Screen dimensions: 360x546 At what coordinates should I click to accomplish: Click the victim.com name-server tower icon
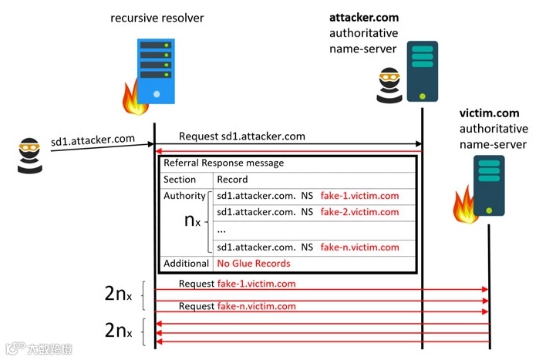tap(488, 184)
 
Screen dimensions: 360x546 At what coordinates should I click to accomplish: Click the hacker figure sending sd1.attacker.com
tap(28, 153)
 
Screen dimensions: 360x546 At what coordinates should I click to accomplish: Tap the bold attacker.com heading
tap(363, 18)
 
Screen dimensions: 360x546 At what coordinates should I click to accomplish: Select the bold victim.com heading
tap(489, 113)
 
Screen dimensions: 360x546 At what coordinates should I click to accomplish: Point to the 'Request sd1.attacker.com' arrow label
tap(241, 136)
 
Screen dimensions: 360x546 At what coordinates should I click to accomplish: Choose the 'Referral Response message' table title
tap(223, 163)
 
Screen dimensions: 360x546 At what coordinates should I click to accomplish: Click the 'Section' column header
tap(180, 180)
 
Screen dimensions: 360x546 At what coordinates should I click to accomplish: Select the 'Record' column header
tap(233, 180)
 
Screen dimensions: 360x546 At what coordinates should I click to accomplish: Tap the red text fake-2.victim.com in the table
tap(359, 212)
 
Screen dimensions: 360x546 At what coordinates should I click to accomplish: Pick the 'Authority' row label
tap(184, 196)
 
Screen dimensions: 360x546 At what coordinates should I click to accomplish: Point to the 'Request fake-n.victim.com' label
tap(237, 306)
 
